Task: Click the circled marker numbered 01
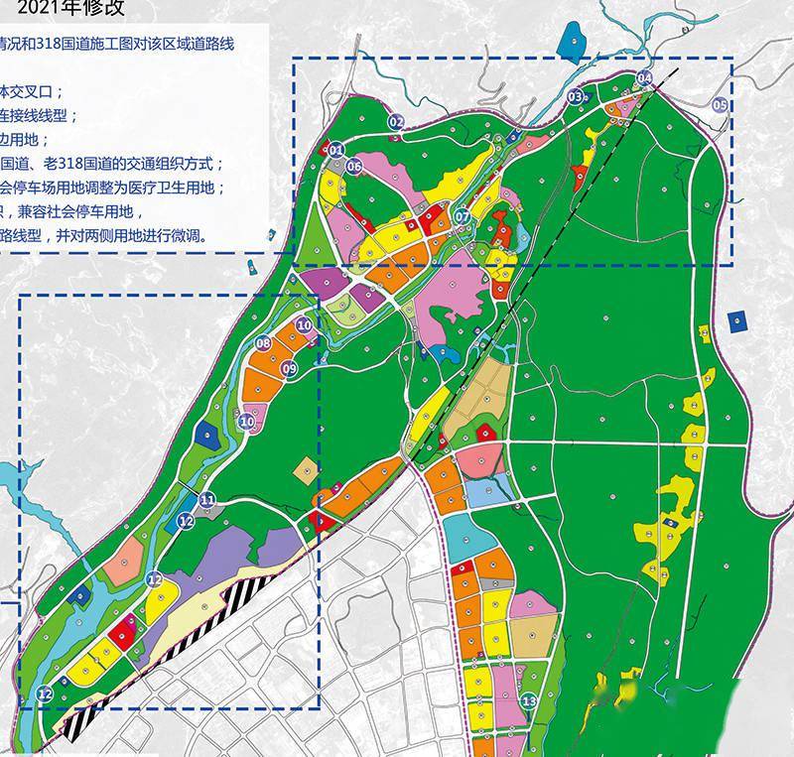[335, 151]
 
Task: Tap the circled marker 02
[397, 122]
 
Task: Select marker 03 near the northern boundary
[575, 96]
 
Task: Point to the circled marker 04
[644, 77]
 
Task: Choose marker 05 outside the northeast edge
[720, 104]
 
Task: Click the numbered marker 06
[354, 167]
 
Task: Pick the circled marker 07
[462, 216]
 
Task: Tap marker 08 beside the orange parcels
[263, 343]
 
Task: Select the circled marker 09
[289, 369]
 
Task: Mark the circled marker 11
[207, 499]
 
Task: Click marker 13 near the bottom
[528, 701]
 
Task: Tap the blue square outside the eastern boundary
[736, 320]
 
